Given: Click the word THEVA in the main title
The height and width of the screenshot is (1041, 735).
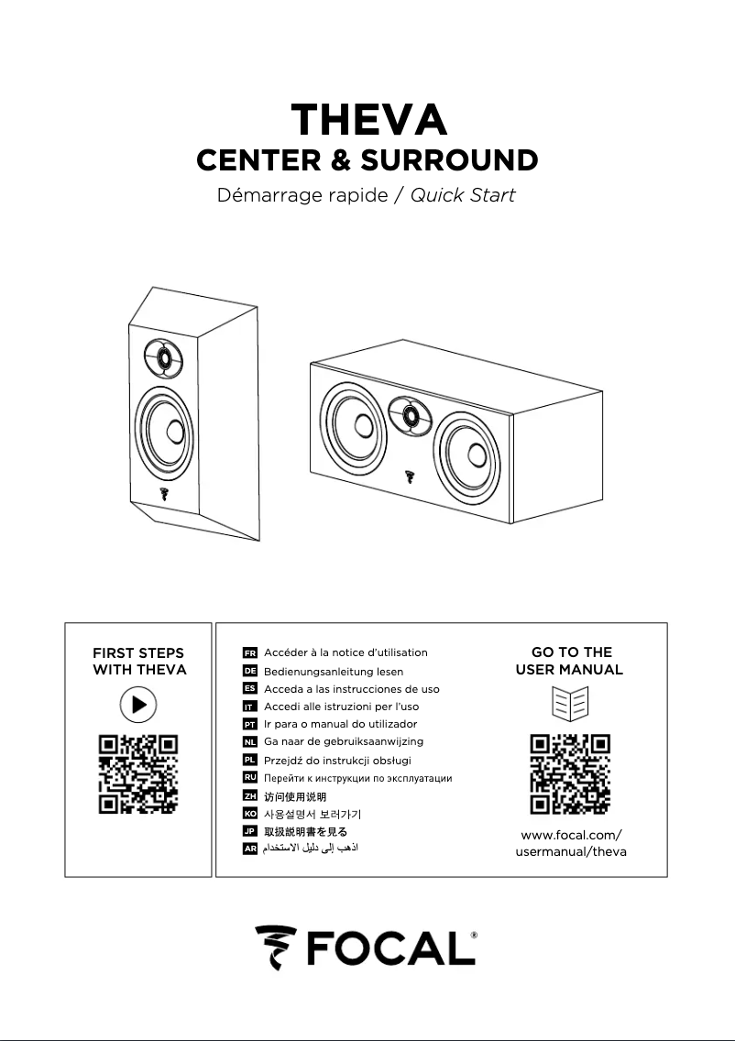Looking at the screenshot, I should coord(367,119).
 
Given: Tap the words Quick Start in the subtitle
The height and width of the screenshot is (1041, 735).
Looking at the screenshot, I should coord(462,195).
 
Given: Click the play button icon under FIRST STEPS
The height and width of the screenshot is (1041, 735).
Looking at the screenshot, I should coord(138,705).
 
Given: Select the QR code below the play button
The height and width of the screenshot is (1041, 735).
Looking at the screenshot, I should coord(138,774).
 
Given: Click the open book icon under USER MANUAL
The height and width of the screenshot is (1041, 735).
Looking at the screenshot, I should coord(571,705).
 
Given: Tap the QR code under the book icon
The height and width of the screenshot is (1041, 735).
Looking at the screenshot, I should coord(571,774).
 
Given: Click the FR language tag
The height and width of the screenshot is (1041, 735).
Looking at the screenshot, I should coord(249,652).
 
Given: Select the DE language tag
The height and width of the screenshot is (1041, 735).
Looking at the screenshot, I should coord(249,671).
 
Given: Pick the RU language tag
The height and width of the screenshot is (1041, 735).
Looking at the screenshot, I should coord(249,778).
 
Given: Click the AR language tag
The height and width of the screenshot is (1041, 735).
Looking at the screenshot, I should coord(249,849).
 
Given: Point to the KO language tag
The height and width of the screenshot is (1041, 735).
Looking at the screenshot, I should coord(249,814).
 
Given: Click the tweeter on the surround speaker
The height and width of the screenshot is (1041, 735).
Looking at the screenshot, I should coord(161,356).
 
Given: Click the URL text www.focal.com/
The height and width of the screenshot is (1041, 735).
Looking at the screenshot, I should coord(571,835).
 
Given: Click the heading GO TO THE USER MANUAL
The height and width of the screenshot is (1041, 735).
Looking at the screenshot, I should coord(570,661).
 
